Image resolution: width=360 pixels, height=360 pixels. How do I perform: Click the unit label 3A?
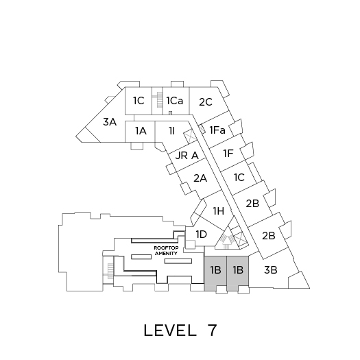pyautogui.click(x=110, y=122)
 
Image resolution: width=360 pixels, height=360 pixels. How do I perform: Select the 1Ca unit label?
pyautogui.click(x=175, y=101)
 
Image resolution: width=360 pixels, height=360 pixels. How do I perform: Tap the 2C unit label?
pyautogui.click(x=206, y=102)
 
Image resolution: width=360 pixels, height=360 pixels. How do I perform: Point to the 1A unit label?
pyautogui.click(x=141, y=131)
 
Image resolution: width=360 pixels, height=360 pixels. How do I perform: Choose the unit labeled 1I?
pyautogui.click(x=172, y=131)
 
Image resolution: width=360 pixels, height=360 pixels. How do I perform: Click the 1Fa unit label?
pyautogui.click(x=217, y=130)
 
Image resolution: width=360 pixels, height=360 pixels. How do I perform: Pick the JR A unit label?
pyautogui.click(x=187, y=156)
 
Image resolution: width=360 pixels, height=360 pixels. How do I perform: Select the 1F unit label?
pyautogui.click(x=228, y=154)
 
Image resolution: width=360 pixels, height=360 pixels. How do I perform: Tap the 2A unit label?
pyautogui.click(x=200, y=178)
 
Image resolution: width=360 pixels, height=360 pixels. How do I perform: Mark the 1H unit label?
pyautogui.click(x=219, y=211)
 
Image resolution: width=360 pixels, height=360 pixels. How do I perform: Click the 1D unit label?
pyautogui.click(x=202, y=235)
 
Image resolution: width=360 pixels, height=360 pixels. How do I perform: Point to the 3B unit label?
pyautogui.click(x=271, y=270)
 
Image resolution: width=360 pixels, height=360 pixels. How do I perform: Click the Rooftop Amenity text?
pyautogui.click(x=166, y=251)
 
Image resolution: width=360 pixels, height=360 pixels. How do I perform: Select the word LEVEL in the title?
pyautogui.click(x=170, y=331)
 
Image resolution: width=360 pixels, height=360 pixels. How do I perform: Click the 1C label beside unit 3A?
pyautogui.click(x=139, y=101)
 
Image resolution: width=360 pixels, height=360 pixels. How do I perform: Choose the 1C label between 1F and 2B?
pyautogui.click(x=239, y=178)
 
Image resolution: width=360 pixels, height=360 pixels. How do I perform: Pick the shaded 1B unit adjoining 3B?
pyautogui.click(x=238, y=273)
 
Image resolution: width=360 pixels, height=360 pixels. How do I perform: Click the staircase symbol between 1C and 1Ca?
pyautogui.click(x=159, y=99)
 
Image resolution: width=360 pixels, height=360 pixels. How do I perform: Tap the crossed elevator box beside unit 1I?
pyautogui.click(x=189, y=136)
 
